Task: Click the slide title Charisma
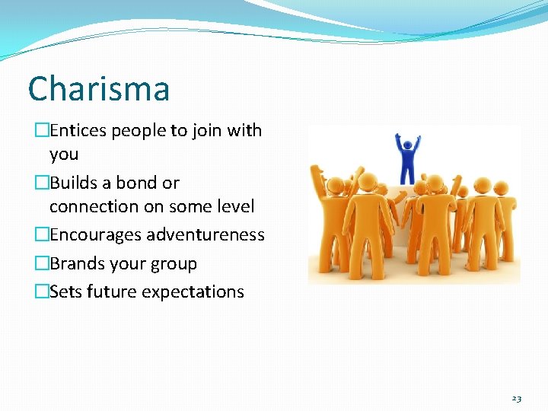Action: tap(98, 89)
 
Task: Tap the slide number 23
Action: tap(517, 399)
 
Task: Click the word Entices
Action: tap(78, 131)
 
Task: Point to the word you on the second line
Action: tap(64, 154)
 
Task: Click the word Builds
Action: tap(73, 183)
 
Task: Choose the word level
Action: tap(234, 206)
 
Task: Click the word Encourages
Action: tap(96, 235)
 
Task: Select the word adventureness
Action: tap(205, 235)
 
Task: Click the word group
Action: tap(174, 264)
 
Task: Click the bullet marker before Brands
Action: tap(41, 264)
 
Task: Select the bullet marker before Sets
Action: tap(41, 292)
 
